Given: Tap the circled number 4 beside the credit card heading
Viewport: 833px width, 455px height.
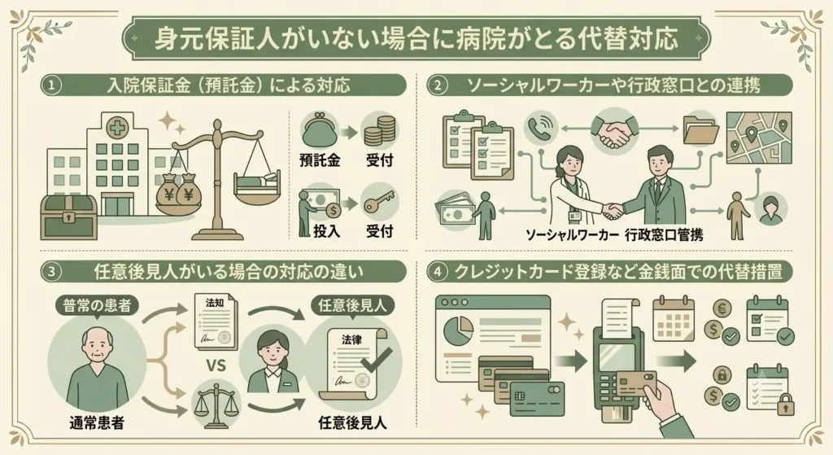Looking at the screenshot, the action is [x=438, y=272].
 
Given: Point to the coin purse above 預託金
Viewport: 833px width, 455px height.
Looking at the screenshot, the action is [x=319, y=130].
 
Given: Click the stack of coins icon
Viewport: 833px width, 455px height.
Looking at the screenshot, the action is [x=380, y=131].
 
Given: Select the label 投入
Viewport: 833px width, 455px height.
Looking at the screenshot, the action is [x=326, y=231].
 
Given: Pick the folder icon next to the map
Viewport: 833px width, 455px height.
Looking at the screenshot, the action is [x=701, y=129].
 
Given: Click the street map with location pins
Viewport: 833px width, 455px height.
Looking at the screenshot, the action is [x=759, y=138].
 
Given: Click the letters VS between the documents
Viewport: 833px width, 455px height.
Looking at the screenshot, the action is [x=215, y=366].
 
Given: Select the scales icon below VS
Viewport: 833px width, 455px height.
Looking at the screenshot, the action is [x=215, y=406].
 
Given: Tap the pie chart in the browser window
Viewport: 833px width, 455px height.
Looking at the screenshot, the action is [x=458, y=329].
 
